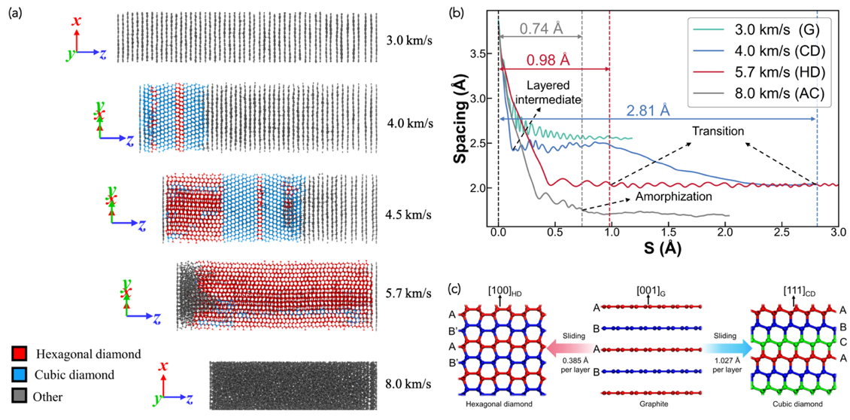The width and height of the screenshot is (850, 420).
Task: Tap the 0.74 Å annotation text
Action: [542, 28]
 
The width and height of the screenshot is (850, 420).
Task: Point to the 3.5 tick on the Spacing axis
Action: [481, 55]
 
